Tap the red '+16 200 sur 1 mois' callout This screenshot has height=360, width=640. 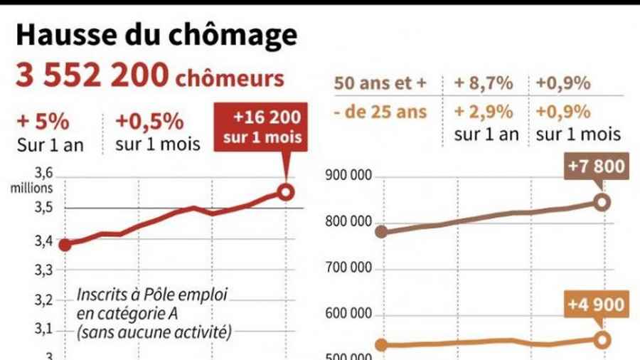262,127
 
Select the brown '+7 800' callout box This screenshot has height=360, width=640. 597,168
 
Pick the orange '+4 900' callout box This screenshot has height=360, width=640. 597,305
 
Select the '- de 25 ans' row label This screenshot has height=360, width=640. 381,112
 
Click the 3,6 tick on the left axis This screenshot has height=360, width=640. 44,174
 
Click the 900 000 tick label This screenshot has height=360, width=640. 348,176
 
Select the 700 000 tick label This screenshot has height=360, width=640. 348,269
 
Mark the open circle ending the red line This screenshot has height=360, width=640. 285,192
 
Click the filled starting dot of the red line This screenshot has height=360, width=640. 65,245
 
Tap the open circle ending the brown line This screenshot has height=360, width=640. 602,202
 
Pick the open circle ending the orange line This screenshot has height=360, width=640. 602,339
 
